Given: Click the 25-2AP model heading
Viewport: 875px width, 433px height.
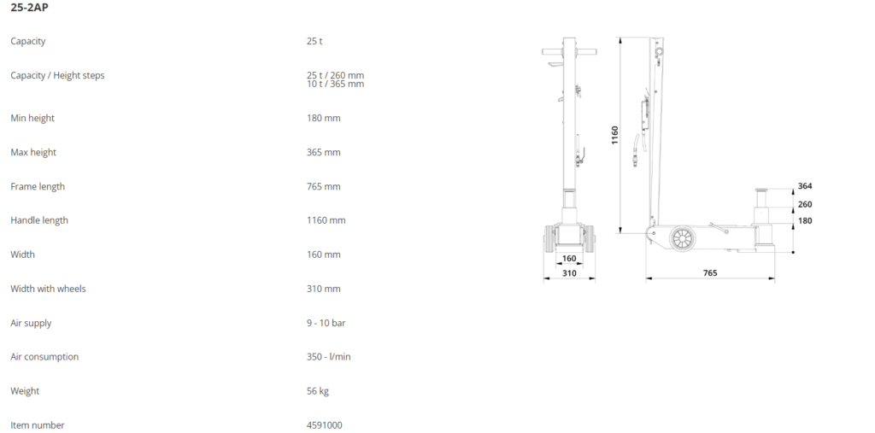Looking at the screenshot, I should [29, 8].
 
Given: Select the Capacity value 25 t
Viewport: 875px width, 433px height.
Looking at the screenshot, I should [314, 41].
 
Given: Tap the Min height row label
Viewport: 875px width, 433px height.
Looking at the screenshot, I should [32, 118].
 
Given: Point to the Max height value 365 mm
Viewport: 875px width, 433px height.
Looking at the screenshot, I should [323, 152].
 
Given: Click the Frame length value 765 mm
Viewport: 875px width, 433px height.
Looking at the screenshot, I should [323, 186].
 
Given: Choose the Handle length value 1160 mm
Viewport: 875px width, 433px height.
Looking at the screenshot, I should [326, 220].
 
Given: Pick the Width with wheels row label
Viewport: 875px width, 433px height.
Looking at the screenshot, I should [48, 289].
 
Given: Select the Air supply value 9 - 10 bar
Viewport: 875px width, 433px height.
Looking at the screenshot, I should [326, 323].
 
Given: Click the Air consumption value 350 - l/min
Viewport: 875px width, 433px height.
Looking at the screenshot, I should [328, 357].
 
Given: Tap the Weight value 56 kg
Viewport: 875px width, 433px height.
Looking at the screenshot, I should [317, 391].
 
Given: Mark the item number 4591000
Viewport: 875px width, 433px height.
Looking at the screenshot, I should [325, 425].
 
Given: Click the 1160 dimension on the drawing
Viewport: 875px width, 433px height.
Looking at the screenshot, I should [614, 135].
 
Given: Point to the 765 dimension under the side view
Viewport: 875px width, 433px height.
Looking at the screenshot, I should [710, 273].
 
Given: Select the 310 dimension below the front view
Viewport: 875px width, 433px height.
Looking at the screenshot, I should [569, 273].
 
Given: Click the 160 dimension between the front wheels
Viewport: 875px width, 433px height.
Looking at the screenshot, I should [569, 258].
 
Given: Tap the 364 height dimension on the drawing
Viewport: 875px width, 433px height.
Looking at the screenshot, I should [804, 186].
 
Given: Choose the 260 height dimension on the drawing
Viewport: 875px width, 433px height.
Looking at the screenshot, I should [804, 204].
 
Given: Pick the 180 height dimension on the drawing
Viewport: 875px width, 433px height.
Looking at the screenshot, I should [804, 220].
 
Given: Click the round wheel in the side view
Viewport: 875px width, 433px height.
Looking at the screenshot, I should [681, 239].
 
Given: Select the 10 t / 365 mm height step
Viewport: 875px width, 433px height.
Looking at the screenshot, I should [335, 84].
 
